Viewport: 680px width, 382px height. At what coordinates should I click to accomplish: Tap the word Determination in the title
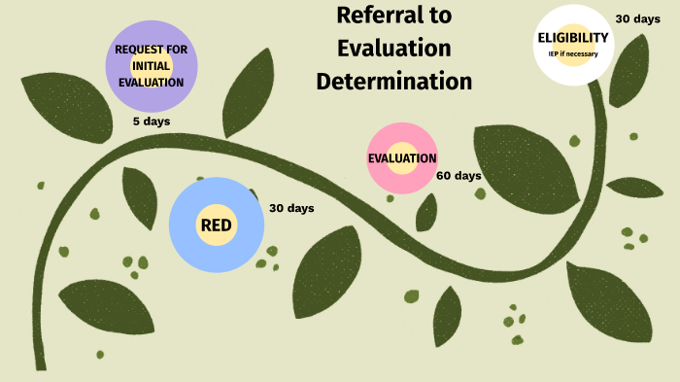(394, 81)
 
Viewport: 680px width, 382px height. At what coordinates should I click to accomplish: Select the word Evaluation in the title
(393, 48)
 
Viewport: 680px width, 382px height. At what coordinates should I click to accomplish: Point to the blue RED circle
(216, 226)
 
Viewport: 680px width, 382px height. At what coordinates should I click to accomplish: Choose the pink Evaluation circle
(401, 158)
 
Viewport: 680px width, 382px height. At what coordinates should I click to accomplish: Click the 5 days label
(151, 122)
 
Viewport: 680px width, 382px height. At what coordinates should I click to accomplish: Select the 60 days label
(459, 176)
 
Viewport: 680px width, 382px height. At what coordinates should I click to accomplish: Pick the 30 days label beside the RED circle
(291, 208)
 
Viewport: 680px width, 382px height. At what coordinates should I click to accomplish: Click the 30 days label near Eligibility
(638, 18)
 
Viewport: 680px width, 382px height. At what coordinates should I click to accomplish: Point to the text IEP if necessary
(573, 53)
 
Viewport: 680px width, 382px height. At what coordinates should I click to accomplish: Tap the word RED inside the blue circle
(216, 226)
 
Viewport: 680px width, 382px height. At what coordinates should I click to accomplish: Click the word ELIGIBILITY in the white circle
(573, 38)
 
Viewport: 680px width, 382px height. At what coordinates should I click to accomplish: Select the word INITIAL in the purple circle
(151, 65)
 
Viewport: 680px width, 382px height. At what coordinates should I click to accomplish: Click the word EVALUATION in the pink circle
(401, 158)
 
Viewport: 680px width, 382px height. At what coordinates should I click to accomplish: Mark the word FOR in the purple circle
(177, 49)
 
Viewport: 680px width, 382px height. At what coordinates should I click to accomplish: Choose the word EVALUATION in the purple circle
(151, 82)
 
